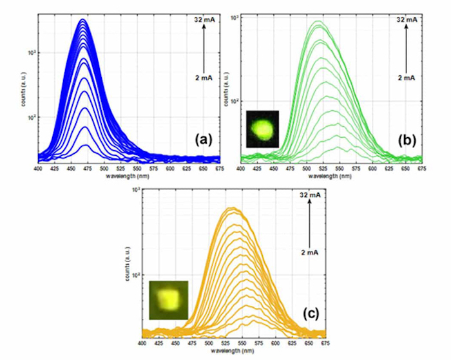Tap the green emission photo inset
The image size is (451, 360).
(x=262, y=129)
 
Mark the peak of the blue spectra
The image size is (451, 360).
(x=82, y=20)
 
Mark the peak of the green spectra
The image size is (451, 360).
(x=318, y=23)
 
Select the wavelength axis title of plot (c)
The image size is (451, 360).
(x=231, y=351)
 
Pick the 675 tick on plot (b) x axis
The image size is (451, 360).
(x=422, y=168)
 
